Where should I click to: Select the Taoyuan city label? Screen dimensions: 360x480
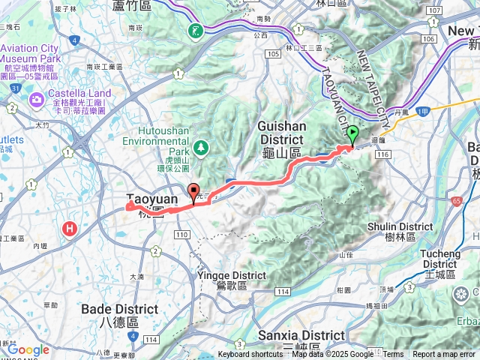[x=152, y=199]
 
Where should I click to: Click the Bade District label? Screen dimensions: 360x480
[x=119, y=314]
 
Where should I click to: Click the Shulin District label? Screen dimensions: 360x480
[x=400, y=231]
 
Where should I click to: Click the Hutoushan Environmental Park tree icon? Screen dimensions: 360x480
[x=200, y=145]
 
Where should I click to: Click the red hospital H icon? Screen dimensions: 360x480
[x=71, y=228]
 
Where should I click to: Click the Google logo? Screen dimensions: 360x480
[x=28, y=349]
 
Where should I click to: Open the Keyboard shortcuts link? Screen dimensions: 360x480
[x=250, y=355]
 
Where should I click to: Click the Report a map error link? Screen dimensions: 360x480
[x=444, y=355]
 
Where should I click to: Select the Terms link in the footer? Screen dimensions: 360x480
[x=393, y=355]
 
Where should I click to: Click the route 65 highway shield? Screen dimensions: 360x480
[x=457, y=202]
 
